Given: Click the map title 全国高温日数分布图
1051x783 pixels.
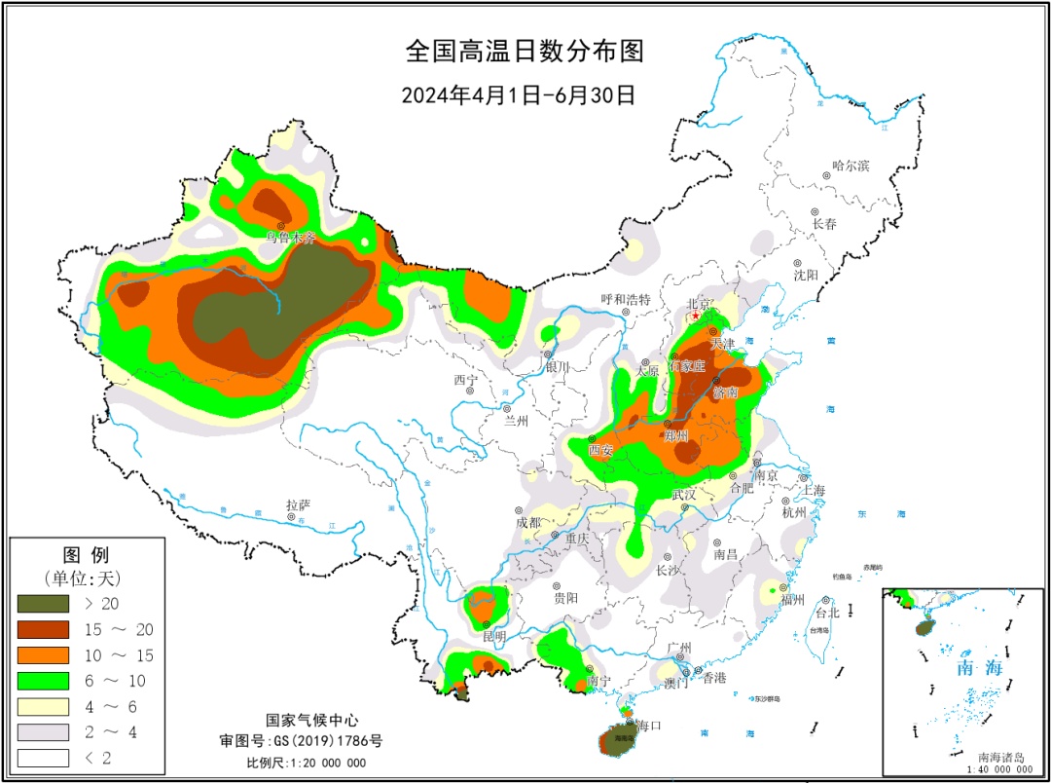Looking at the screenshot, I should [x=525, y=50].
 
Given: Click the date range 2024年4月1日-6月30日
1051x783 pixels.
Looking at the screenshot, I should [x=518, y=94].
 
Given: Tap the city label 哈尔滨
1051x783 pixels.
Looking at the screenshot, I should [x=851, y=166].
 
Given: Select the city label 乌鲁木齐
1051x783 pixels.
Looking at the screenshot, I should [x=290, y=237].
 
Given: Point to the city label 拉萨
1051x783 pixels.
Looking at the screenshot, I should [x=298, y=505].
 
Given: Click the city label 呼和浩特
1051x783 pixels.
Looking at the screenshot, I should [x=625, y=300].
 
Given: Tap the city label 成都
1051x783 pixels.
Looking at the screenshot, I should [x=526, y=522].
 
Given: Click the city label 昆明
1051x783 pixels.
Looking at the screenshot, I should [x=494, y=636].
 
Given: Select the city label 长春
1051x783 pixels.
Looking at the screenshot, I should [x=825, y=223].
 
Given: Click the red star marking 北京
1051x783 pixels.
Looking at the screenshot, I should [x=695, y=317].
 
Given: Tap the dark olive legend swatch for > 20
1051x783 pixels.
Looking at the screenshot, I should [x=43, y=604].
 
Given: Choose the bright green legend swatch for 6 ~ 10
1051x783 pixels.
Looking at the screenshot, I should [x=43, y=680].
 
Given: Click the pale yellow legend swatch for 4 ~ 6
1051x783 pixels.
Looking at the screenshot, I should [x=43, y=706].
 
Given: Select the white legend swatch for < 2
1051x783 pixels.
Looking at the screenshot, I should [x=43, y=757].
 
